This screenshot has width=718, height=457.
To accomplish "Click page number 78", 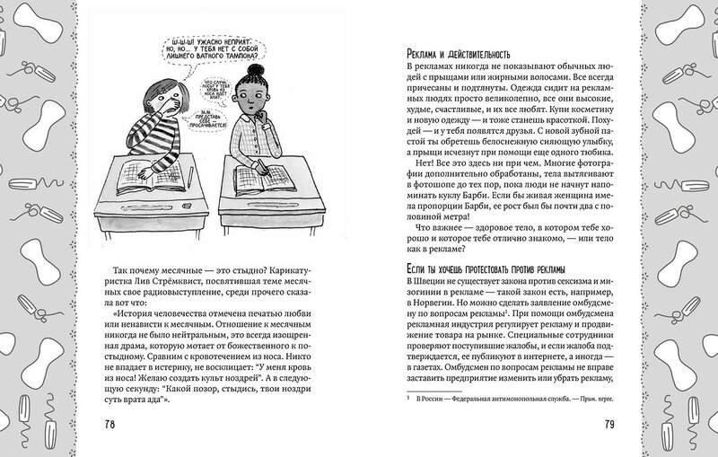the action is pos(109,424).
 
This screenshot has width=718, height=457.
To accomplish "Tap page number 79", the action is pos(609,424).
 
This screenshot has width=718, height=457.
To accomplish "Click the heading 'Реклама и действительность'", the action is pos(458,54).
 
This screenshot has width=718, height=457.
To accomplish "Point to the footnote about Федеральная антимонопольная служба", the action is pos(510,399).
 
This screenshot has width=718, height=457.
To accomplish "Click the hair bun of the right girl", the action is pos(254,70).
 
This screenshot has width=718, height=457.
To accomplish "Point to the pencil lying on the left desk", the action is pos(190,177).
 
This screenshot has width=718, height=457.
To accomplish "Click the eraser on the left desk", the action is pos(187,206).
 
